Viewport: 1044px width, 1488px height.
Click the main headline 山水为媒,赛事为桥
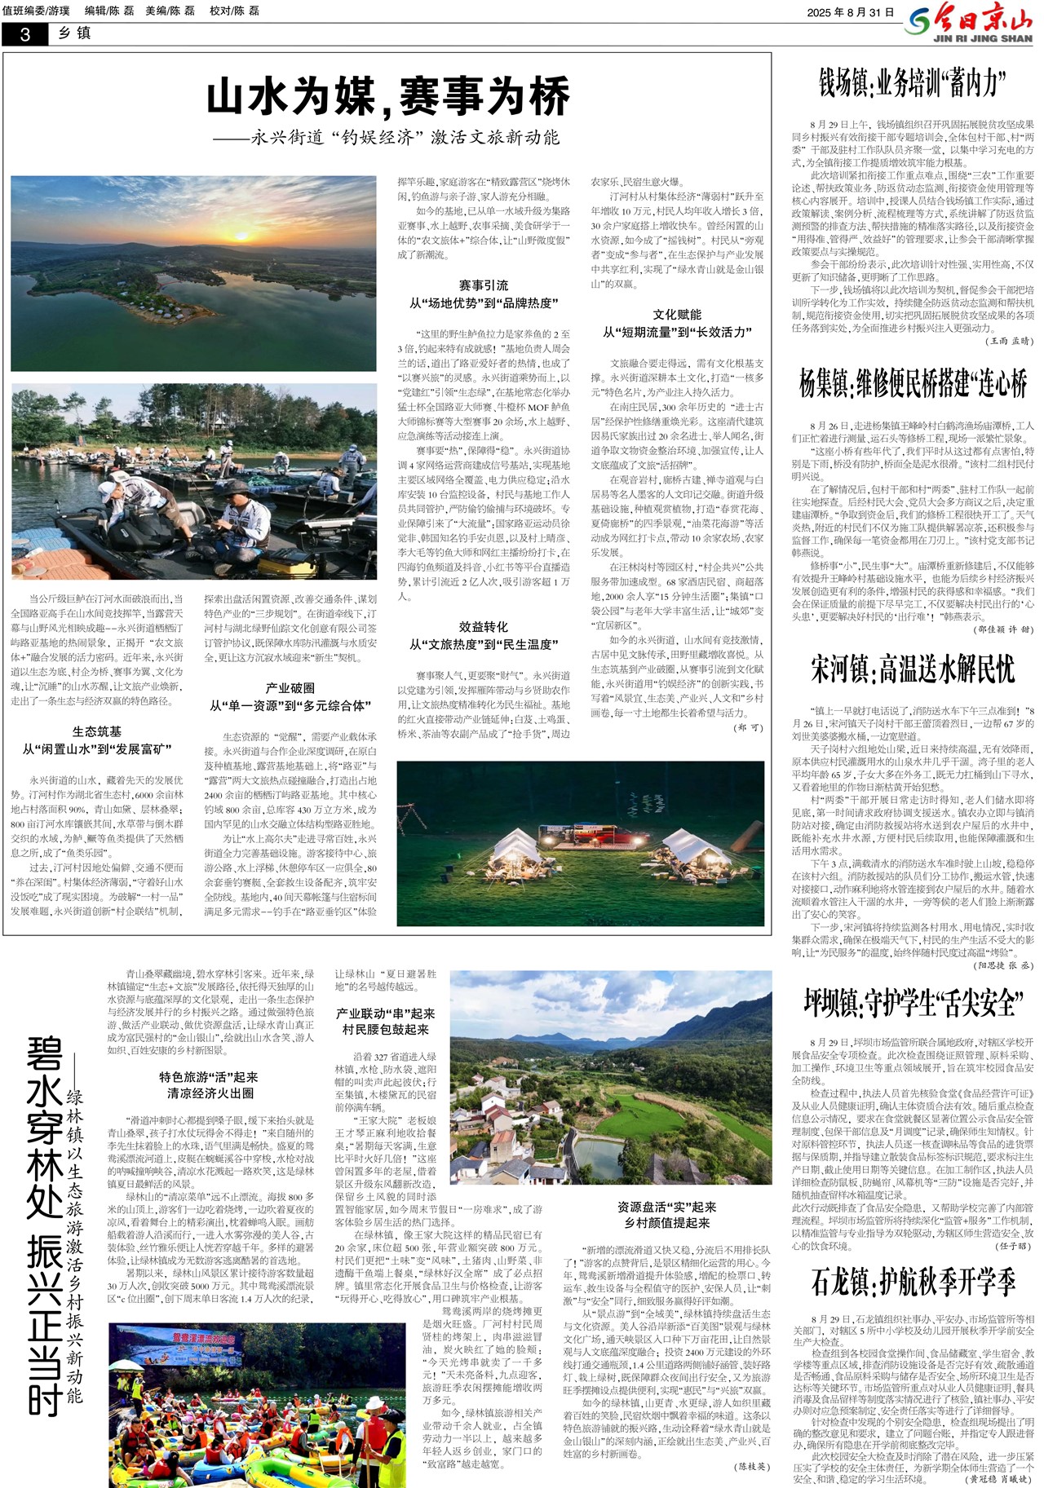[387, 97]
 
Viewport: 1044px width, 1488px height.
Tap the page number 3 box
[24, 34]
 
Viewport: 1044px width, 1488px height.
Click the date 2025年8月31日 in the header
[851, 12]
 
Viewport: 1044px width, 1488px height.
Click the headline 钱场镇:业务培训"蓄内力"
[912, 82]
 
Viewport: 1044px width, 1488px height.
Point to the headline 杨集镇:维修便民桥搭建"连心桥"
[912, 383]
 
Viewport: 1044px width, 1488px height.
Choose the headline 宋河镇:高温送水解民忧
[912, 669]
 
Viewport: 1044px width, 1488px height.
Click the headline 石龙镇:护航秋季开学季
[912, 1282]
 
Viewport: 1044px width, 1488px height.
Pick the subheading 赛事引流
[483, 285]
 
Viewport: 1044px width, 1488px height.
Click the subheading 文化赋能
[677, 315]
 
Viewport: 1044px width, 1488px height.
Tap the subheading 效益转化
[483, 627]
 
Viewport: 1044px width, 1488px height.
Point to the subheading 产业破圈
[290, 688]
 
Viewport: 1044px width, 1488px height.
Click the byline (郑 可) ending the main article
[747, 727]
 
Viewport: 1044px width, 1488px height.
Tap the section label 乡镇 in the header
[74, 33]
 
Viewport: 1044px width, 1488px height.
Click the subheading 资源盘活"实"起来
[666, 1207]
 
